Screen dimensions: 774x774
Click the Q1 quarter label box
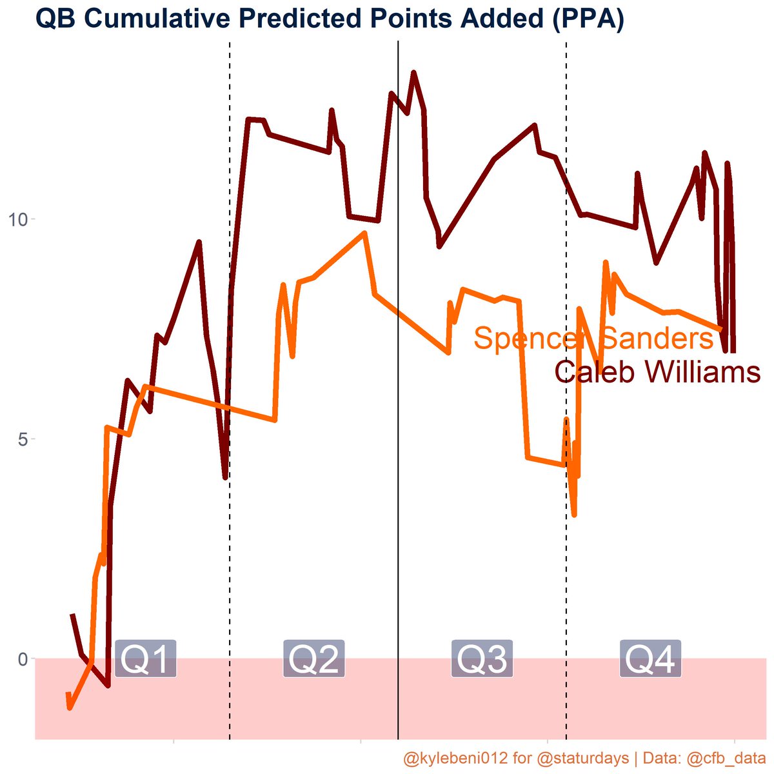click(146, 659)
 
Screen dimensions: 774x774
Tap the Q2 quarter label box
click(314, 659)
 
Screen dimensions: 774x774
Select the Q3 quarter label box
click(482, 659)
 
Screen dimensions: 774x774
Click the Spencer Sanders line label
click(593, 339)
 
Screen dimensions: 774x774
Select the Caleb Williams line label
click(657, 373)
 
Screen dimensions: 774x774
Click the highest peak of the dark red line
click(413, 72)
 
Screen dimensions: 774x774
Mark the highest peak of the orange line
click(365, 233)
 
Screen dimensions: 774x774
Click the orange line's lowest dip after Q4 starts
click(574, 514)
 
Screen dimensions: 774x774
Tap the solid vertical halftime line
click(398, 387)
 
